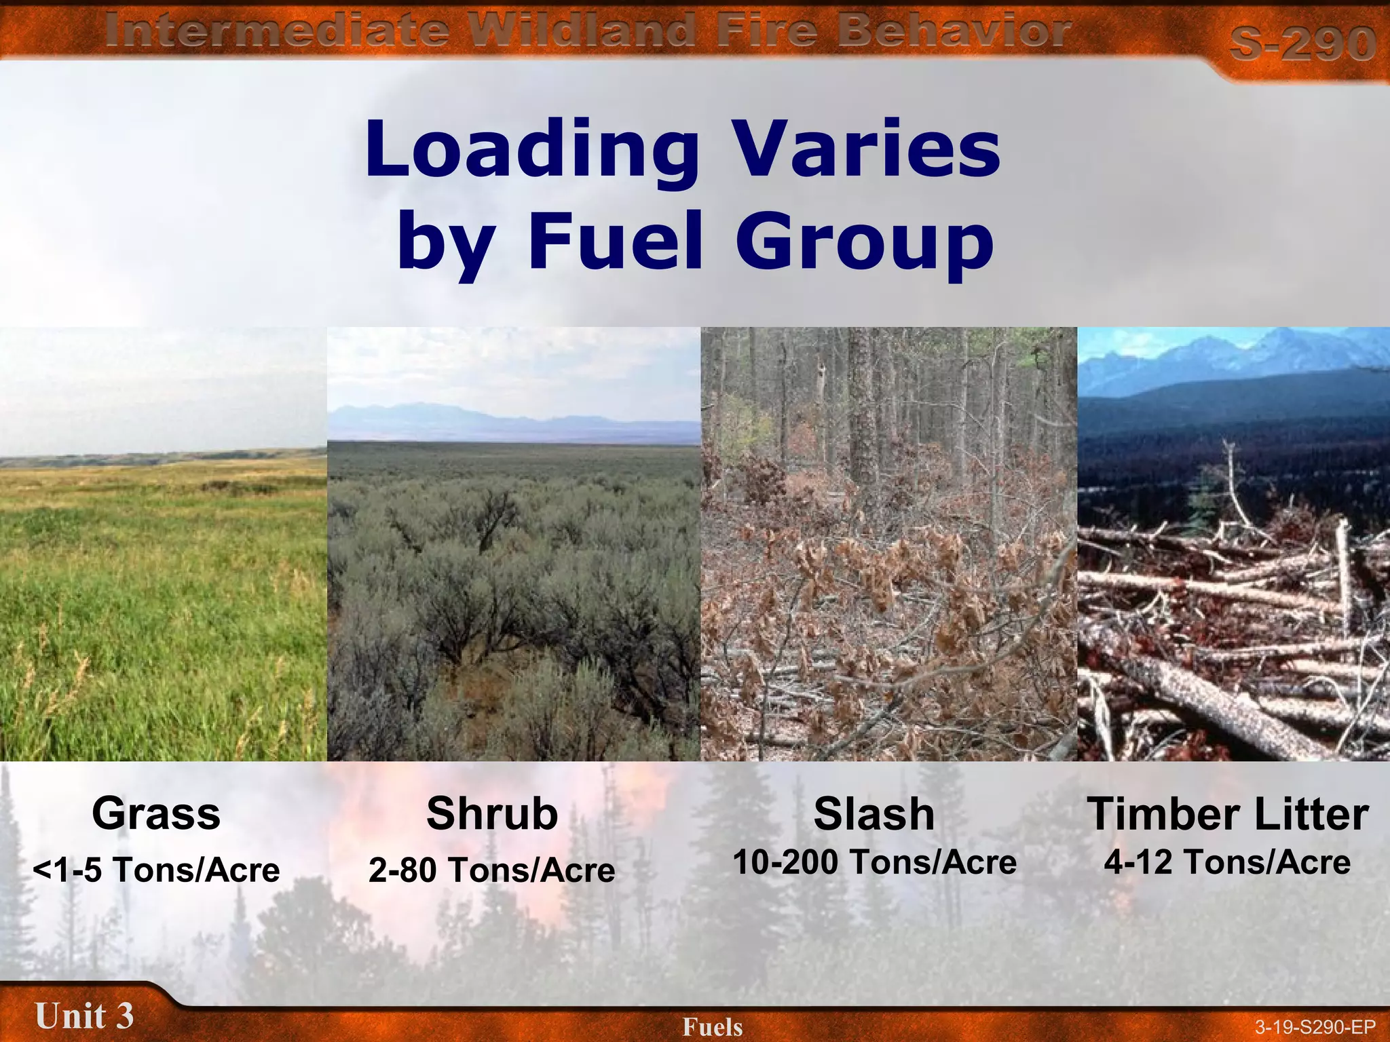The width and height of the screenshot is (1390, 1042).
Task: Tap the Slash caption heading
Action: pos(874,813)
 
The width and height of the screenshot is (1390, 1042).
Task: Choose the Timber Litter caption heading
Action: pos(1228,813)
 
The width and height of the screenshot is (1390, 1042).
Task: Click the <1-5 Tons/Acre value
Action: pos(156,870)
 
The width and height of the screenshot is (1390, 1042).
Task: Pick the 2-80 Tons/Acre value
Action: pos(492,870)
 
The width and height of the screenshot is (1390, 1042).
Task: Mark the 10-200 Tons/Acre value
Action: pos(874,862)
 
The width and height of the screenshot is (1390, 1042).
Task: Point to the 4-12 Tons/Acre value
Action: pos(1227,862)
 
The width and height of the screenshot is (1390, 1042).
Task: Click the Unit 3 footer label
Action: pos(84,1016)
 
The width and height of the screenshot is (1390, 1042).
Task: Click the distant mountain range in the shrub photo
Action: pos(434,415)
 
